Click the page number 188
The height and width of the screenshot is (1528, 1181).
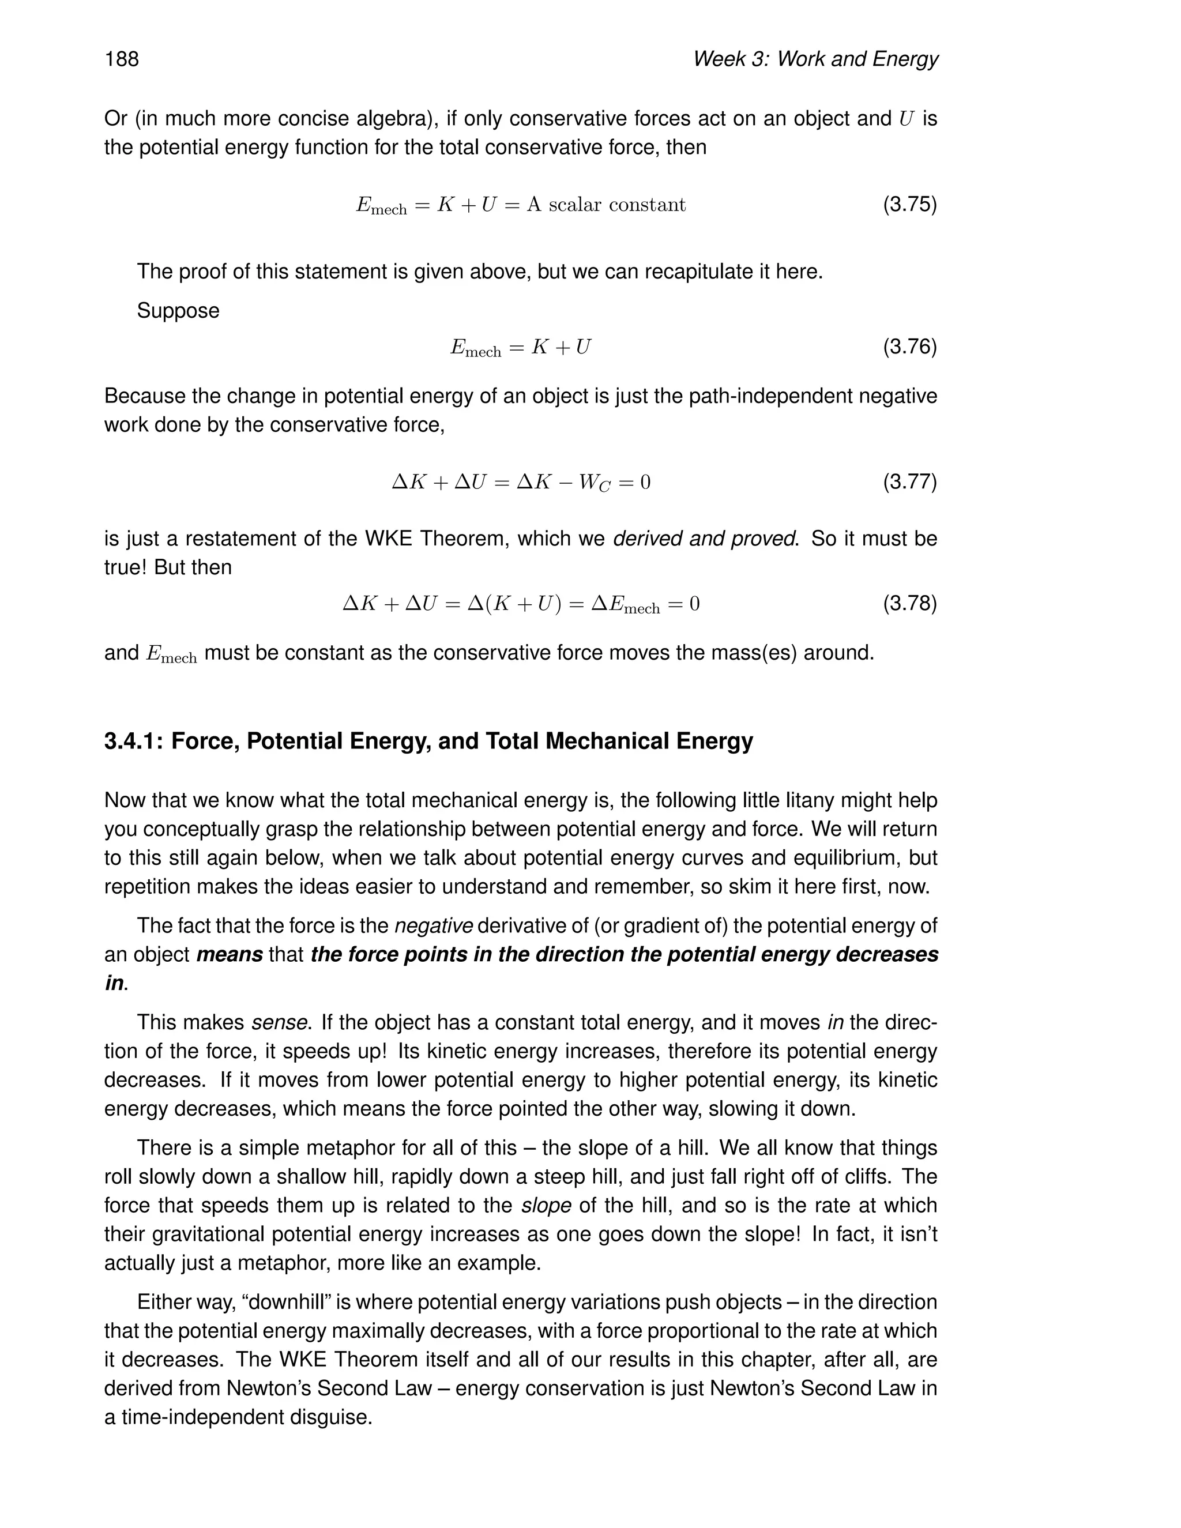(x=122, y=59)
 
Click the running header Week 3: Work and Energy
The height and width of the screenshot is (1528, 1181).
(x=815, y=59)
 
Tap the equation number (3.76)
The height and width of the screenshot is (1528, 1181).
(x=909, y=347)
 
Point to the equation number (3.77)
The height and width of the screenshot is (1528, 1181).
(x=909, y=481)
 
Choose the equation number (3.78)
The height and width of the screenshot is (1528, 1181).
(x=909, y=603)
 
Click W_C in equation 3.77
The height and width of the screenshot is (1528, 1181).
(x=594, y=483)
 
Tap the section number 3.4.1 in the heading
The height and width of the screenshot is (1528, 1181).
(x=134, y=741)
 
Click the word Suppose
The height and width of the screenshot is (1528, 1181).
(x=178, y=311)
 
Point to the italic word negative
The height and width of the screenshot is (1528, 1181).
(x=434, y=925)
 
